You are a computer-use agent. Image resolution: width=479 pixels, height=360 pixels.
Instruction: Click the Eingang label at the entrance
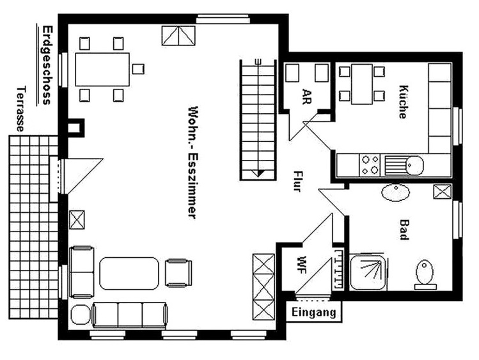[x=313, y=313]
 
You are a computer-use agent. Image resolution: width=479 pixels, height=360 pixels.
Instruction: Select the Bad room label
[x=404, y=230]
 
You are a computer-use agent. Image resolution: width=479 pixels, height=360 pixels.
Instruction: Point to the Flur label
[x=297, y=181]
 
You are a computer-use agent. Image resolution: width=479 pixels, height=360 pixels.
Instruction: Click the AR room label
[x=306, y=97]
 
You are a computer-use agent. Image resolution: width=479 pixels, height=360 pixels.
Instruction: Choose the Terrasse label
[x=20, y=109]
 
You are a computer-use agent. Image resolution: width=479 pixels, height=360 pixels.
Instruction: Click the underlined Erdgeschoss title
[x=47, y=65]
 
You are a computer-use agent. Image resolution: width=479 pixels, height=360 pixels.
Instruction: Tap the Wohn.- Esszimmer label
[x=192, y=162]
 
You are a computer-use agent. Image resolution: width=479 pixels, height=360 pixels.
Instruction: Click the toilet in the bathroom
[x=425, y=274]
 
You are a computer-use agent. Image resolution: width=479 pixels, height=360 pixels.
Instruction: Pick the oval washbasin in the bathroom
[x=396, y=192]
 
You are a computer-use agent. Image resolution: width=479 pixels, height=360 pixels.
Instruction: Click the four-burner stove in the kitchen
[x=370, y=165]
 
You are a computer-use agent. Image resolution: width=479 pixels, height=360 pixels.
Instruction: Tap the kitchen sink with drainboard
[x=404, y=165]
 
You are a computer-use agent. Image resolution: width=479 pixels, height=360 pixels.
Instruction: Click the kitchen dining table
[x=362, y=84]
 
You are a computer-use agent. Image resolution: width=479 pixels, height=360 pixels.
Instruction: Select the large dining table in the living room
[x=102, y=69]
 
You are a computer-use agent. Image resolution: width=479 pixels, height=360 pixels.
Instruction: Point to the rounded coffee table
[x=129, y=273]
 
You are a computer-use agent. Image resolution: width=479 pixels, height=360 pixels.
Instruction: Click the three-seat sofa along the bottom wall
[x=130, y=315]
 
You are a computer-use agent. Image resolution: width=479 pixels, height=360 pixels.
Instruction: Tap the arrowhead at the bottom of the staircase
[x=258, y=173]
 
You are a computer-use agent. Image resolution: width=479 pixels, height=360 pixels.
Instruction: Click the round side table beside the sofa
[x=81, y=315]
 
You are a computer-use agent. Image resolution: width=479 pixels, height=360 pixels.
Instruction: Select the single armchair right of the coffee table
[x=178, y=273]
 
